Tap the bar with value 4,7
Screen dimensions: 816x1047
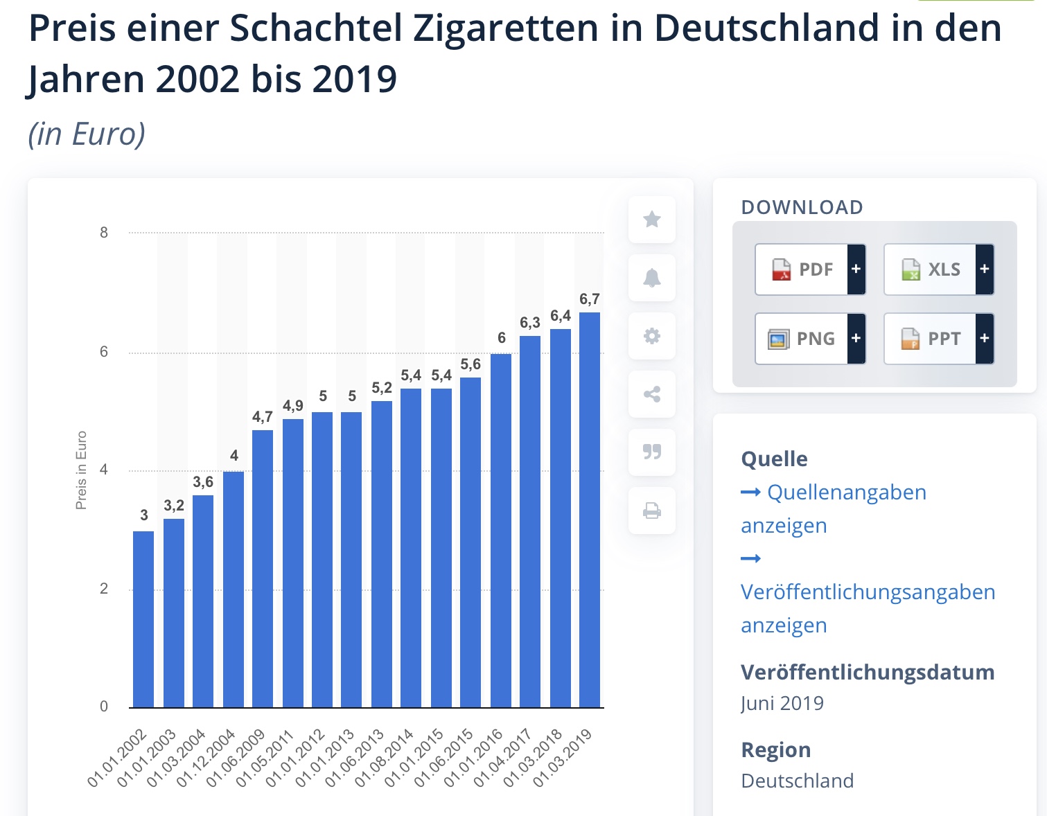263,568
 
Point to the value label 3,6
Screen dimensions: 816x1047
203,482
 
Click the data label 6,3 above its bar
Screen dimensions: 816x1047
530,323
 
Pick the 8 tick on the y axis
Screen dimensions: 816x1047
104,233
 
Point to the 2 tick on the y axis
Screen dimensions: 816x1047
104,589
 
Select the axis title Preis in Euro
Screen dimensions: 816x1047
81,470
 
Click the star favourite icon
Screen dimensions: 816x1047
652,220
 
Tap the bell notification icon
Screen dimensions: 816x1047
652,278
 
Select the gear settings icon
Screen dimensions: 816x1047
652,336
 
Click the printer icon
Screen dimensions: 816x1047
652,511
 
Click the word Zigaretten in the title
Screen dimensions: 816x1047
506,28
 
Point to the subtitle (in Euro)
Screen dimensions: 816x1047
87,134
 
